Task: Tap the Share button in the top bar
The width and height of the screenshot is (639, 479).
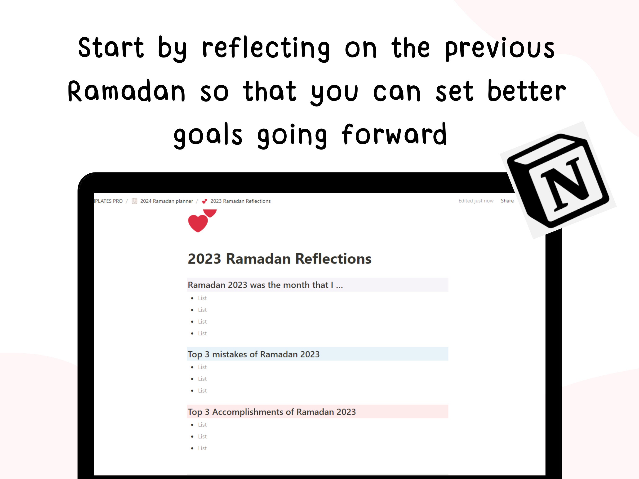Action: tap(507, 201)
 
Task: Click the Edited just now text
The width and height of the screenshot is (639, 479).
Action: tap(476, 201)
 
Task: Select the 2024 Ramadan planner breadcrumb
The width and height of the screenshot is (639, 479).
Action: tap(166, 201)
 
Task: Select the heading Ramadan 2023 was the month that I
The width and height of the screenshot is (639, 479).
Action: tap(265, 285)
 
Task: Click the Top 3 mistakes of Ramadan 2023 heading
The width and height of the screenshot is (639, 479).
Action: tap(253, 354)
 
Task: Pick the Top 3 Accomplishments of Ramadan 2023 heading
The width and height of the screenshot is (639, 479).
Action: tap(271, 412)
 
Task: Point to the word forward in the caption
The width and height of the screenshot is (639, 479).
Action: tap(394, 135)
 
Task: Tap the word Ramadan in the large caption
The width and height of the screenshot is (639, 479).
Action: tap(126, 91)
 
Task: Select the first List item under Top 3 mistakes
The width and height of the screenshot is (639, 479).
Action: tap(202, 367)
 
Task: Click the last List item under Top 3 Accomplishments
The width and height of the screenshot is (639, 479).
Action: tap(202, 448)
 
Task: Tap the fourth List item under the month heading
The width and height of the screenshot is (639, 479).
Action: tap(202, 333)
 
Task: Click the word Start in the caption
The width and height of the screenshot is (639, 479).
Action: tap(111, 47)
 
